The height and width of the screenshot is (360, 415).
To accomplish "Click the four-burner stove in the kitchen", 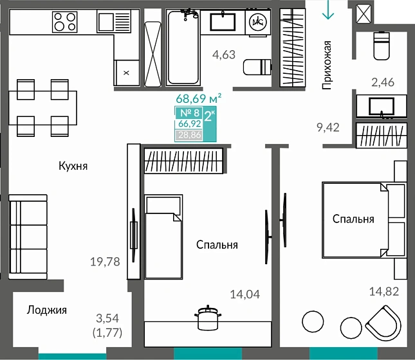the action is tap(65, 22).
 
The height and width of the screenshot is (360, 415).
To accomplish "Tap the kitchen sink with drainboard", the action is tap(114, 21).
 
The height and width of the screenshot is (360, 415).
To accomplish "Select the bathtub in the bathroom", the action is tap(183, 47).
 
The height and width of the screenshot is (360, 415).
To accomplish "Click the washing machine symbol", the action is tap(258, 22).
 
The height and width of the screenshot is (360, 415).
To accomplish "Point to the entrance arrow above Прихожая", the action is tap(328, 10).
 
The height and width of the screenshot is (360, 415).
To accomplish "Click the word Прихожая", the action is tap(327, 65).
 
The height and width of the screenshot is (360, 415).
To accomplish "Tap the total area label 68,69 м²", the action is tap(199, 98).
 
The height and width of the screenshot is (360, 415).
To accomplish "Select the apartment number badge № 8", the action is tap(190, 113).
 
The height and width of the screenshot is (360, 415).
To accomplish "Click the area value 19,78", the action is tap(105, 262).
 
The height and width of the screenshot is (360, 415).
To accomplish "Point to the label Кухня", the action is tap(73, 166).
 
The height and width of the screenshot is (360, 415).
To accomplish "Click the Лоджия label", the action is tap(47, 310).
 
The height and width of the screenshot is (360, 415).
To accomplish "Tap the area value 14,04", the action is tap(245, 294).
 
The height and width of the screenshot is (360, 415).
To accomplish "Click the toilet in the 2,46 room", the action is tap(382, 46).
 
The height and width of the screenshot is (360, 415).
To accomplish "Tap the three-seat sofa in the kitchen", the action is tap(28, 237).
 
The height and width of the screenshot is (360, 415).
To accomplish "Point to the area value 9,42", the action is tap(328, 127).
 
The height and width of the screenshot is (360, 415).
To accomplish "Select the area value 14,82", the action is tap(384, 291).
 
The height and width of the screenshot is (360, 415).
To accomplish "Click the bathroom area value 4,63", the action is tap(224, 55).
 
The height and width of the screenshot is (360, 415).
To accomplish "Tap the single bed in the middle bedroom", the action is tap(163, 237).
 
